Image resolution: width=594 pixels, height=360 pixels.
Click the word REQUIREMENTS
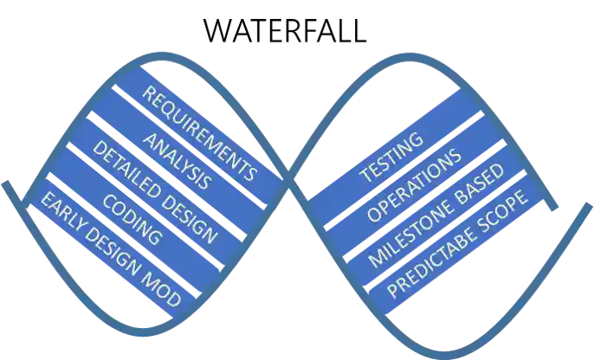pos(199,133)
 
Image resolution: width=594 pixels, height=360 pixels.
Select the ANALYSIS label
pos(176,162)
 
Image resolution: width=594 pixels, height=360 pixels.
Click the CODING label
pos(132,220)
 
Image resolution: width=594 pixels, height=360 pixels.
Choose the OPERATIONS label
pos(411,188)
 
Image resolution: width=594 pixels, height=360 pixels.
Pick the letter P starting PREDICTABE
pos(390,291)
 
